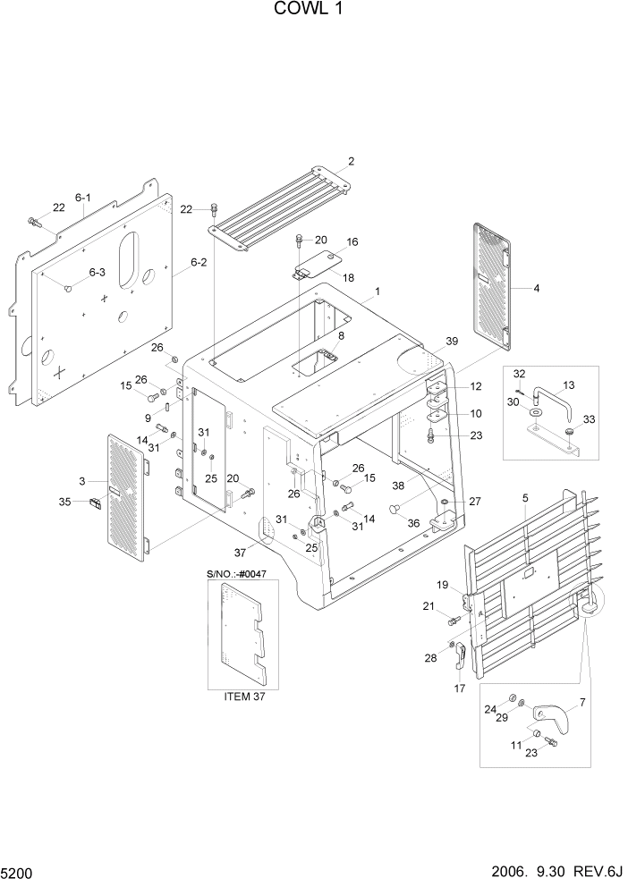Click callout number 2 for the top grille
pyautogui.click(x=351, y=162)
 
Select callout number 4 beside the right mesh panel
pyautogui.click(x=536, y=288)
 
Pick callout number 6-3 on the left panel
pyautogui.click(x=96, y=273)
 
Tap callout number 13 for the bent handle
pyautogui.click(x=568, y=385)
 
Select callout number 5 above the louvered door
pyautogui.click(x=525, y=497)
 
